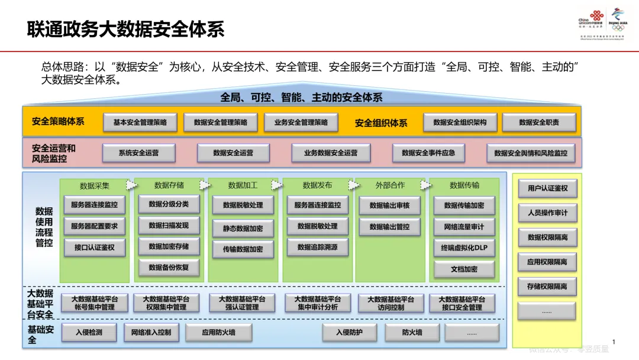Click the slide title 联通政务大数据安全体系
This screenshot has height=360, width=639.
[126, 30]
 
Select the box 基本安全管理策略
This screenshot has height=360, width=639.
[140, 123]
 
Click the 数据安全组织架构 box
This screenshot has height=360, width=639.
[460, 123]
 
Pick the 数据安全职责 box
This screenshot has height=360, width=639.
[538, 123]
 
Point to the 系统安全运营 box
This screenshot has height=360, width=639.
[138, 153]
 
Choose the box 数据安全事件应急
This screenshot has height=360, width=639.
[428, 153]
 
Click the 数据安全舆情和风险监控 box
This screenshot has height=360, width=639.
[531, 153]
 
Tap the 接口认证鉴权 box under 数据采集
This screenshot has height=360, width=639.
[95, 247]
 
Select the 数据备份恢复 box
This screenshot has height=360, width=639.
[169, 268]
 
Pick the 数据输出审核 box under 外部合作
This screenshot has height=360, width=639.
[389, 206]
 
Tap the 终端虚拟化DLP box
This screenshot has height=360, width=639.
[464, 248]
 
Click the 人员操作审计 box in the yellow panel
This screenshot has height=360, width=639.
[547, 213]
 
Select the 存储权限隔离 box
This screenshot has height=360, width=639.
[547, 287]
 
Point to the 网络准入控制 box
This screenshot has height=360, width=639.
[151, 333]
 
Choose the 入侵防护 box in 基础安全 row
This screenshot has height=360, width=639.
[349, 333]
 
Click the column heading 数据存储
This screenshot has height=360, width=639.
[169, 185]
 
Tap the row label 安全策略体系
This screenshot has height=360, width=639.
[58, 122]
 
